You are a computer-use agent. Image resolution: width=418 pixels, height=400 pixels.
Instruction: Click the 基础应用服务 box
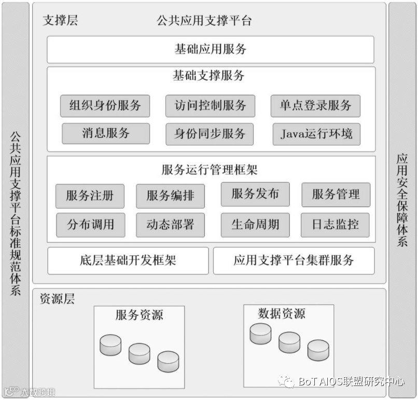tap(210, 50)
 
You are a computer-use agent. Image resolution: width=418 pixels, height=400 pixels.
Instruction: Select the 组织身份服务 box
tap(105, 106)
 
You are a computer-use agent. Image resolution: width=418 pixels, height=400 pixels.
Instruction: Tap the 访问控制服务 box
tap(210, 106)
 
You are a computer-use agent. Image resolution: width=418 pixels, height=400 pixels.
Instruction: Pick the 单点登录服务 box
tap(315, 106)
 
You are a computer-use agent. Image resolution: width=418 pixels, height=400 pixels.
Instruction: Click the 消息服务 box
tap(105, 133)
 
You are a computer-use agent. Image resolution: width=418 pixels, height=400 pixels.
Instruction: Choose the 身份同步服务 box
tap(210, 134)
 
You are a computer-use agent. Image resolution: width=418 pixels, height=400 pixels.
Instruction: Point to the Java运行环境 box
tap(316, 134)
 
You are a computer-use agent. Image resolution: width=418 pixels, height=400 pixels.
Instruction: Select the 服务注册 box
tap(90, 196)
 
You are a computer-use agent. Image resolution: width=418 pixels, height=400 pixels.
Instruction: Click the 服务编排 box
tap(170, 196)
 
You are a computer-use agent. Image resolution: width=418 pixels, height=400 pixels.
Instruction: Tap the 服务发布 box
tap(255, 194)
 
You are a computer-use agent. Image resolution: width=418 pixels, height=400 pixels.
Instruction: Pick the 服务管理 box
tap(336, 195)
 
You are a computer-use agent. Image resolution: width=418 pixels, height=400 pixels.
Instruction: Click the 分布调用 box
tap(90, 225)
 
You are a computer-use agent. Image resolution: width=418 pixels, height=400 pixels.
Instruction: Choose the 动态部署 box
tap(170, 225)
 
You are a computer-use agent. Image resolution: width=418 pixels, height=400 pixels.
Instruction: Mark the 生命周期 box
tap(255, 225)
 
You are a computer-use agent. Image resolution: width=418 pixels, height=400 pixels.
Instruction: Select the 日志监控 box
tap(335, 225)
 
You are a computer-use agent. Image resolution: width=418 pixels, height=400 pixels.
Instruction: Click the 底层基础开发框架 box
tap(128, 260)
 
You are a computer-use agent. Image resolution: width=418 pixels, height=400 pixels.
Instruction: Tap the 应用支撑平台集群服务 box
tap(294, 260)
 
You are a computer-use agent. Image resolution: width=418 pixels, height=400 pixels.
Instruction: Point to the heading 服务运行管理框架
tap(210, 170)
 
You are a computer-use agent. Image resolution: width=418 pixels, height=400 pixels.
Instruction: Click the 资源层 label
tap(57, 299)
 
